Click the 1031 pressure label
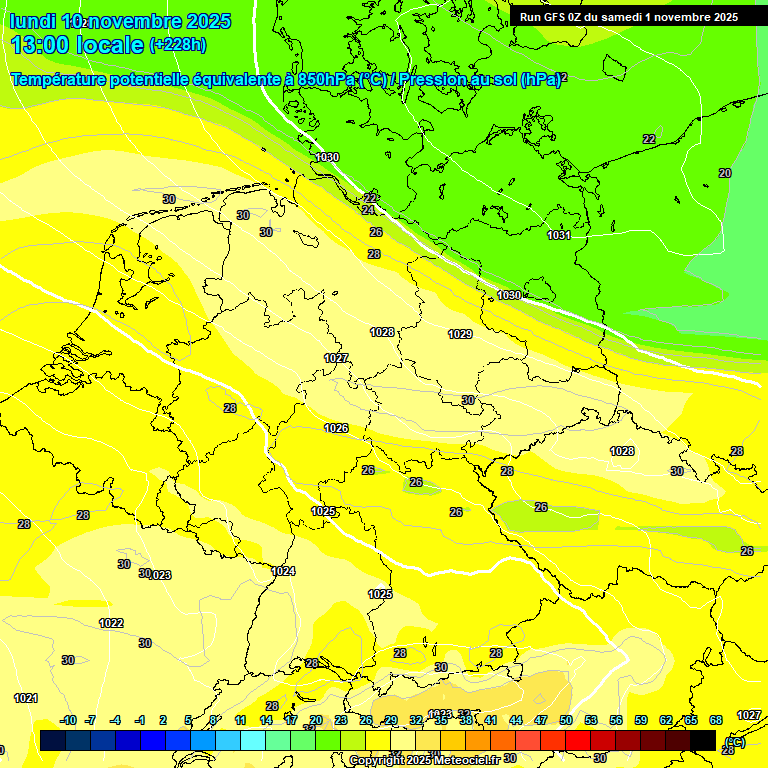(x=559, y=235)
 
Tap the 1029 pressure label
(x=460, y=334)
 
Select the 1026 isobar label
(x=336, y=428)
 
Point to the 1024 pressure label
(x=283, y=571)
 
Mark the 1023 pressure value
(x=160, y=575)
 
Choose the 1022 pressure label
(x=111, y=623)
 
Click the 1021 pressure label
(x=26, y=698)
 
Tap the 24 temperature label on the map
(x=368, y=210)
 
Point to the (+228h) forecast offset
(x=178, y=45)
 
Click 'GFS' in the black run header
(x=555, y=17)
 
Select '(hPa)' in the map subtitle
(x=539, y=79)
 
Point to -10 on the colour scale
(x=68, y=720)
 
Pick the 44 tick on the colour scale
(x=515, y=720)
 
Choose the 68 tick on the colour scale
(x=716, y=720)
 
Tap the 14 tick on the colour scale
(x=266, y=720)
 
